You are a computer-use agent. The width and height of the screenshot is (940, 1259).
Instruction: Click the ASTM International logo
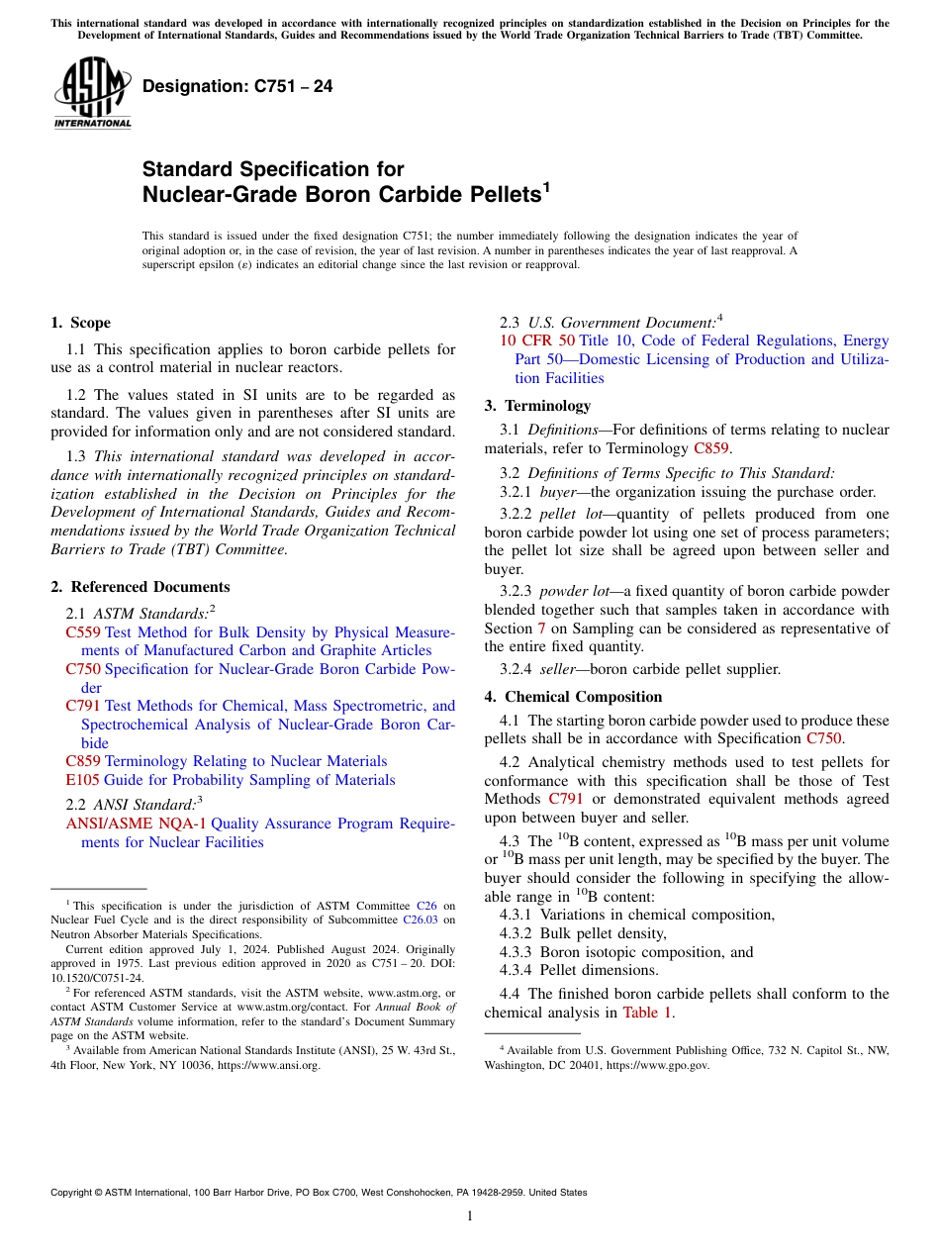tap(93, 94)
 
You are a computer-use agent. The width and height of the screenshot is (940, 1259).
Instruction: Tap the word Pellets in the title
tap(491, 195)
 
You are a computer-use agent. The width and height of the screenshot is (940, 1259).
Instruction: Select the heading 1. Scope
tap(80, 323)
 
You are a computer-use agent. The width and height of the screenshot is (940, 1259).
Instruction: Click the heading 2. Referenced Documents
tap(141, 587)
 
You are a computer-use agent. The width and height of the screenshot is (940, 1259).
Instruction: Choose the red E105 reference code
tap(82, 780)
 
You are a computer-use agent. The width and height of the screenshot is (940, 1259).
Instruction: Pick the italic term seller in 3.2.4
tap(560, 669)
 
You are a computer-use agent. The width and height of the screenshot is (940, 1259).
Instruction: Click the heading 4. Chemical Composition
tap(573, 697)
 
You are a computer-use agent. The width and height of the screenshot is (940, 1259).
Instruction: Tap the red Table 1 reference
tap(647, 1013)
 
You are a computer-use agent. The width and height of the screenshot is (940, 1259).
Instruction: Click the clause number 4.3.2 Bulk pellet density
tap(518, 933)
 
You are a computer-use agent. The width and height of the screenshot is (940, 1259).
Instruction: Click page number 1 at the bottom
tap(470, 1216)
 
